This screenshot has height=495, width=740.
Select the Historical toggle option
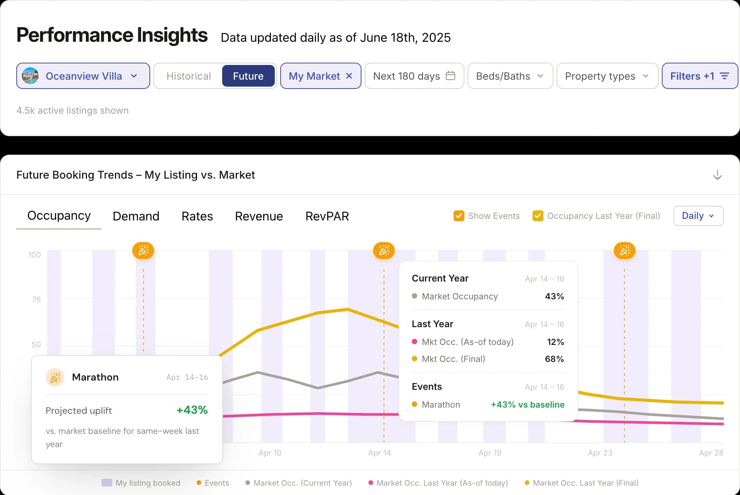[x=188, y=76]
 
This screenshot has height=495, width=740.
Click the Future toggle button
[x=248, y=76]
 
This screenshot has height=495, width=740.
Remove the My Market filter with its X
[x=349, y=76]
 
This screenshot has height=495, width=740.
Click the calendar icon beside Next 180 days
[x=451, y=75]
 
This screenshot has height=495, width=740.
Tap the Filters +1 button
[x=699, y=76]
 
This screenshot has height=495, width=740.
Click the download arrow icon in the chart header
[x=717, y=175]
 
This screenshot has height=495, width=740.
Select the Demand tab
[x=136, y=216]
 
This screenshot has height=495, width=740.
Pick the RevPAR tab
[x=327, y=216]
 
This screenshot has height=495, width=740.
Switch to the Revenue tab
[x=259, y=216]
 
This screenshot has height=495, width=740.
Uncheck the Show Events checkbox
[x=459, y=216]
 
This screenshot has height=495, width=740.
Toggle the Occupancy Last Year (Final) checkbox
[x=538, y=216]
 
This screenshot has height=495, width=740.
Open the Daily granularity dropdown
[x=698, y=216]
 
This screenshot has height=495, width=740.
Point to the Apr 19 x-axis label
[x=490, y=453]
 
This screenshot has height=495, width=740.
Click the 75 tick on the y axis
[x=36, y=300]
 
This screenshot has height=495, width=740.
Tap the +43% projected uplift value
[x=192, y=410]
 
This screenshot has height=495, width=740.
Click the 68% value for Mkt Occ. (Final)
[x=554, y=359]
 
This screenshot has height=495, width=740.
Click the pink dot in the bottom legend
[x=371, y=483]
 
